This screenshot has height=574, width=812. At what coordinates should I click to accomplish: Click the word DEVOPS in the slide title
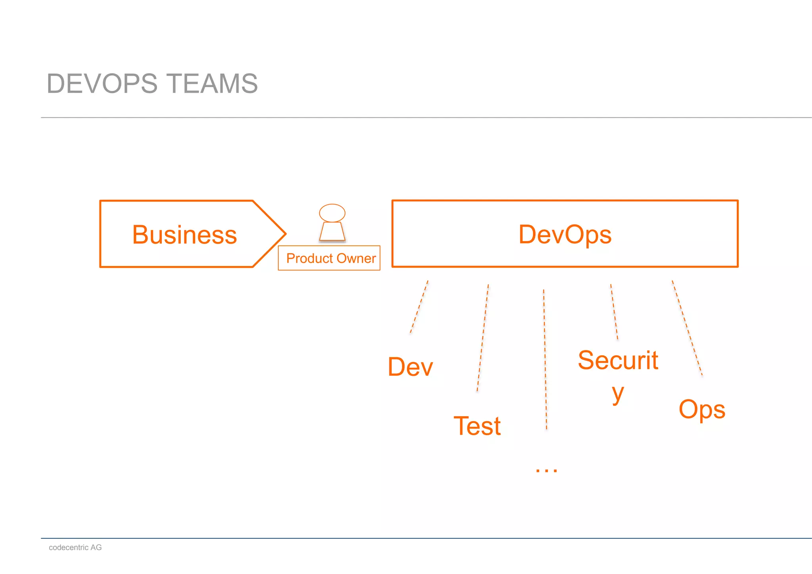tap(102, 84)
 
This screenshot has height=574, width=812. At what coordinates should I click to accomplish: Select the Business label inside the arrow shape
tap(184, 235)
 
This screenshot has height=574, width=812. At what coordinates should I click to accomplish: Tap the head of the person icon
tap(332, 213)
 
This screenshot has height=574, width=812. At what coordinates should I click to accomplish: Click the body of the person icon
tap(332, 232)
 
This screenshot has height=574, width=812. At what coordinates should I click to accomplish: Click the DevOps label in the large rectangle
tap(565, 234)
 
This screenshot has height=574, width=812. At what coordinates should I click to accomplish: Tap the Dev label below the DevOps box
tap(410, 367)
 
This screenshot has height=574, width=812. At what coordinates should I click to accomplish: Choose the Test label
tap(477, 426)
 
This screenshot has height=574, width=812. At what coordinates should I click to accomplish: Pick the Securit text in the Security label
tap(618, 360)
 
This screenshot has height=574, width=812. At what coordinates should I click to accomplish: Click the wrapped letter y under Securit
tap(617, 394)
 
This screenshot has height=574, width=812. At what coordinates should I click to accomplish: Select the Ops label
tap(702, 409)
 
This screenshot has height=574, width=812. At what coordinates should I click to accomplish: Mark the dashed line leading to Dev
tap(419, 307)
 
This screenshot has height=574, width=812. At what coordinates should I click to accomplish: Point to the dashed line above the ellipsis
tap(545, 359)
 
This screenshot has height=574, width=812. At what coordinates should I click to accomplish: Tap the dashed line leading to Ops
tap(687, 328)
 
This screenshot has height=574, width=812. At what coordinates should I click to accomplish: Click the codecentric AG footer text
tap(75, 547)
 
